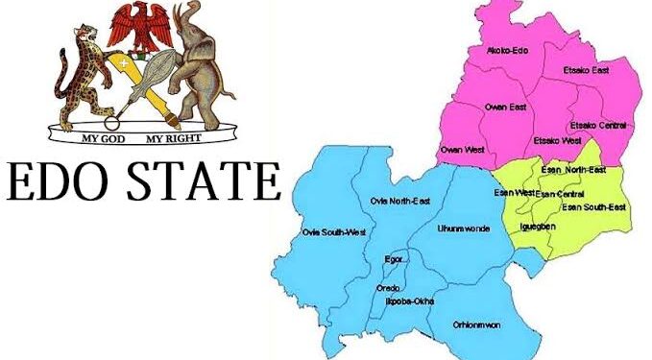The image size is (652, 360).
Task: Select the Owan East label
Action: click(505, 107)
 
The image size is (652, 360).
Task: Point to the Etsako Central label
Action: click(599, 125)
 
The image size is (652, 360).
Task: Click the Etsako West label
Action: click(557, 140)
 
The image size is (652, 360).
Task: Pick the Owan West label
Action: click(463, 151)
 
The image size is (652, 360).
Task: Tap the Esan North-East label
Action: click(574, 170)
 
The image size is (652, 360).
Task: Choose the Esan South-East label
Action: click(593, 206)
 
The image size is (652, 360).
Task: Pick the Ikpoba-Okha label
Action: click(410, 301)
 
